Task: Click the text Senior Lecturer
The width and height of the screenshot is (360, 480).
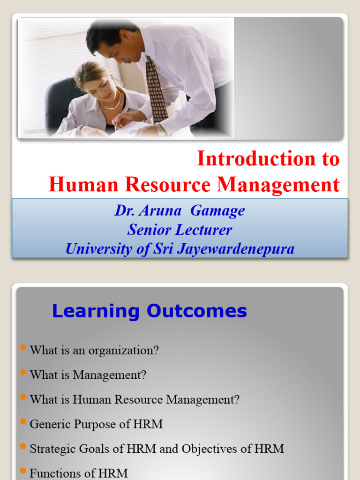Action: click(180, 230)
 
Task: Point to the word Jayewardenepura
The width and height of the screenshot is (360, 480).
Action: click(234, 249)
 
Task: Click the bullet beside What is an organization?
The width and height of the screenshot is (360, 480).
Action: click(24, 347)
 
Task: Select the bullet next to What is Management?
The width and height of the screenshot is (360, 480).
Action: click(24, 372)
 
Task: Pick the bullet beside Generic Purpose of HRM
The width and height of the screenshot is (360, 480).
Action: click(24, 421)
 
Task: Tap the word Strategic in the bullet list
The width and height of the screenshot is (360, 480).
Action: click(52, 449)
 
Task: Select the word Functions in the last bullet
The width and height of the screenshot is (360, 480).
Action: click(52, 473)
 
